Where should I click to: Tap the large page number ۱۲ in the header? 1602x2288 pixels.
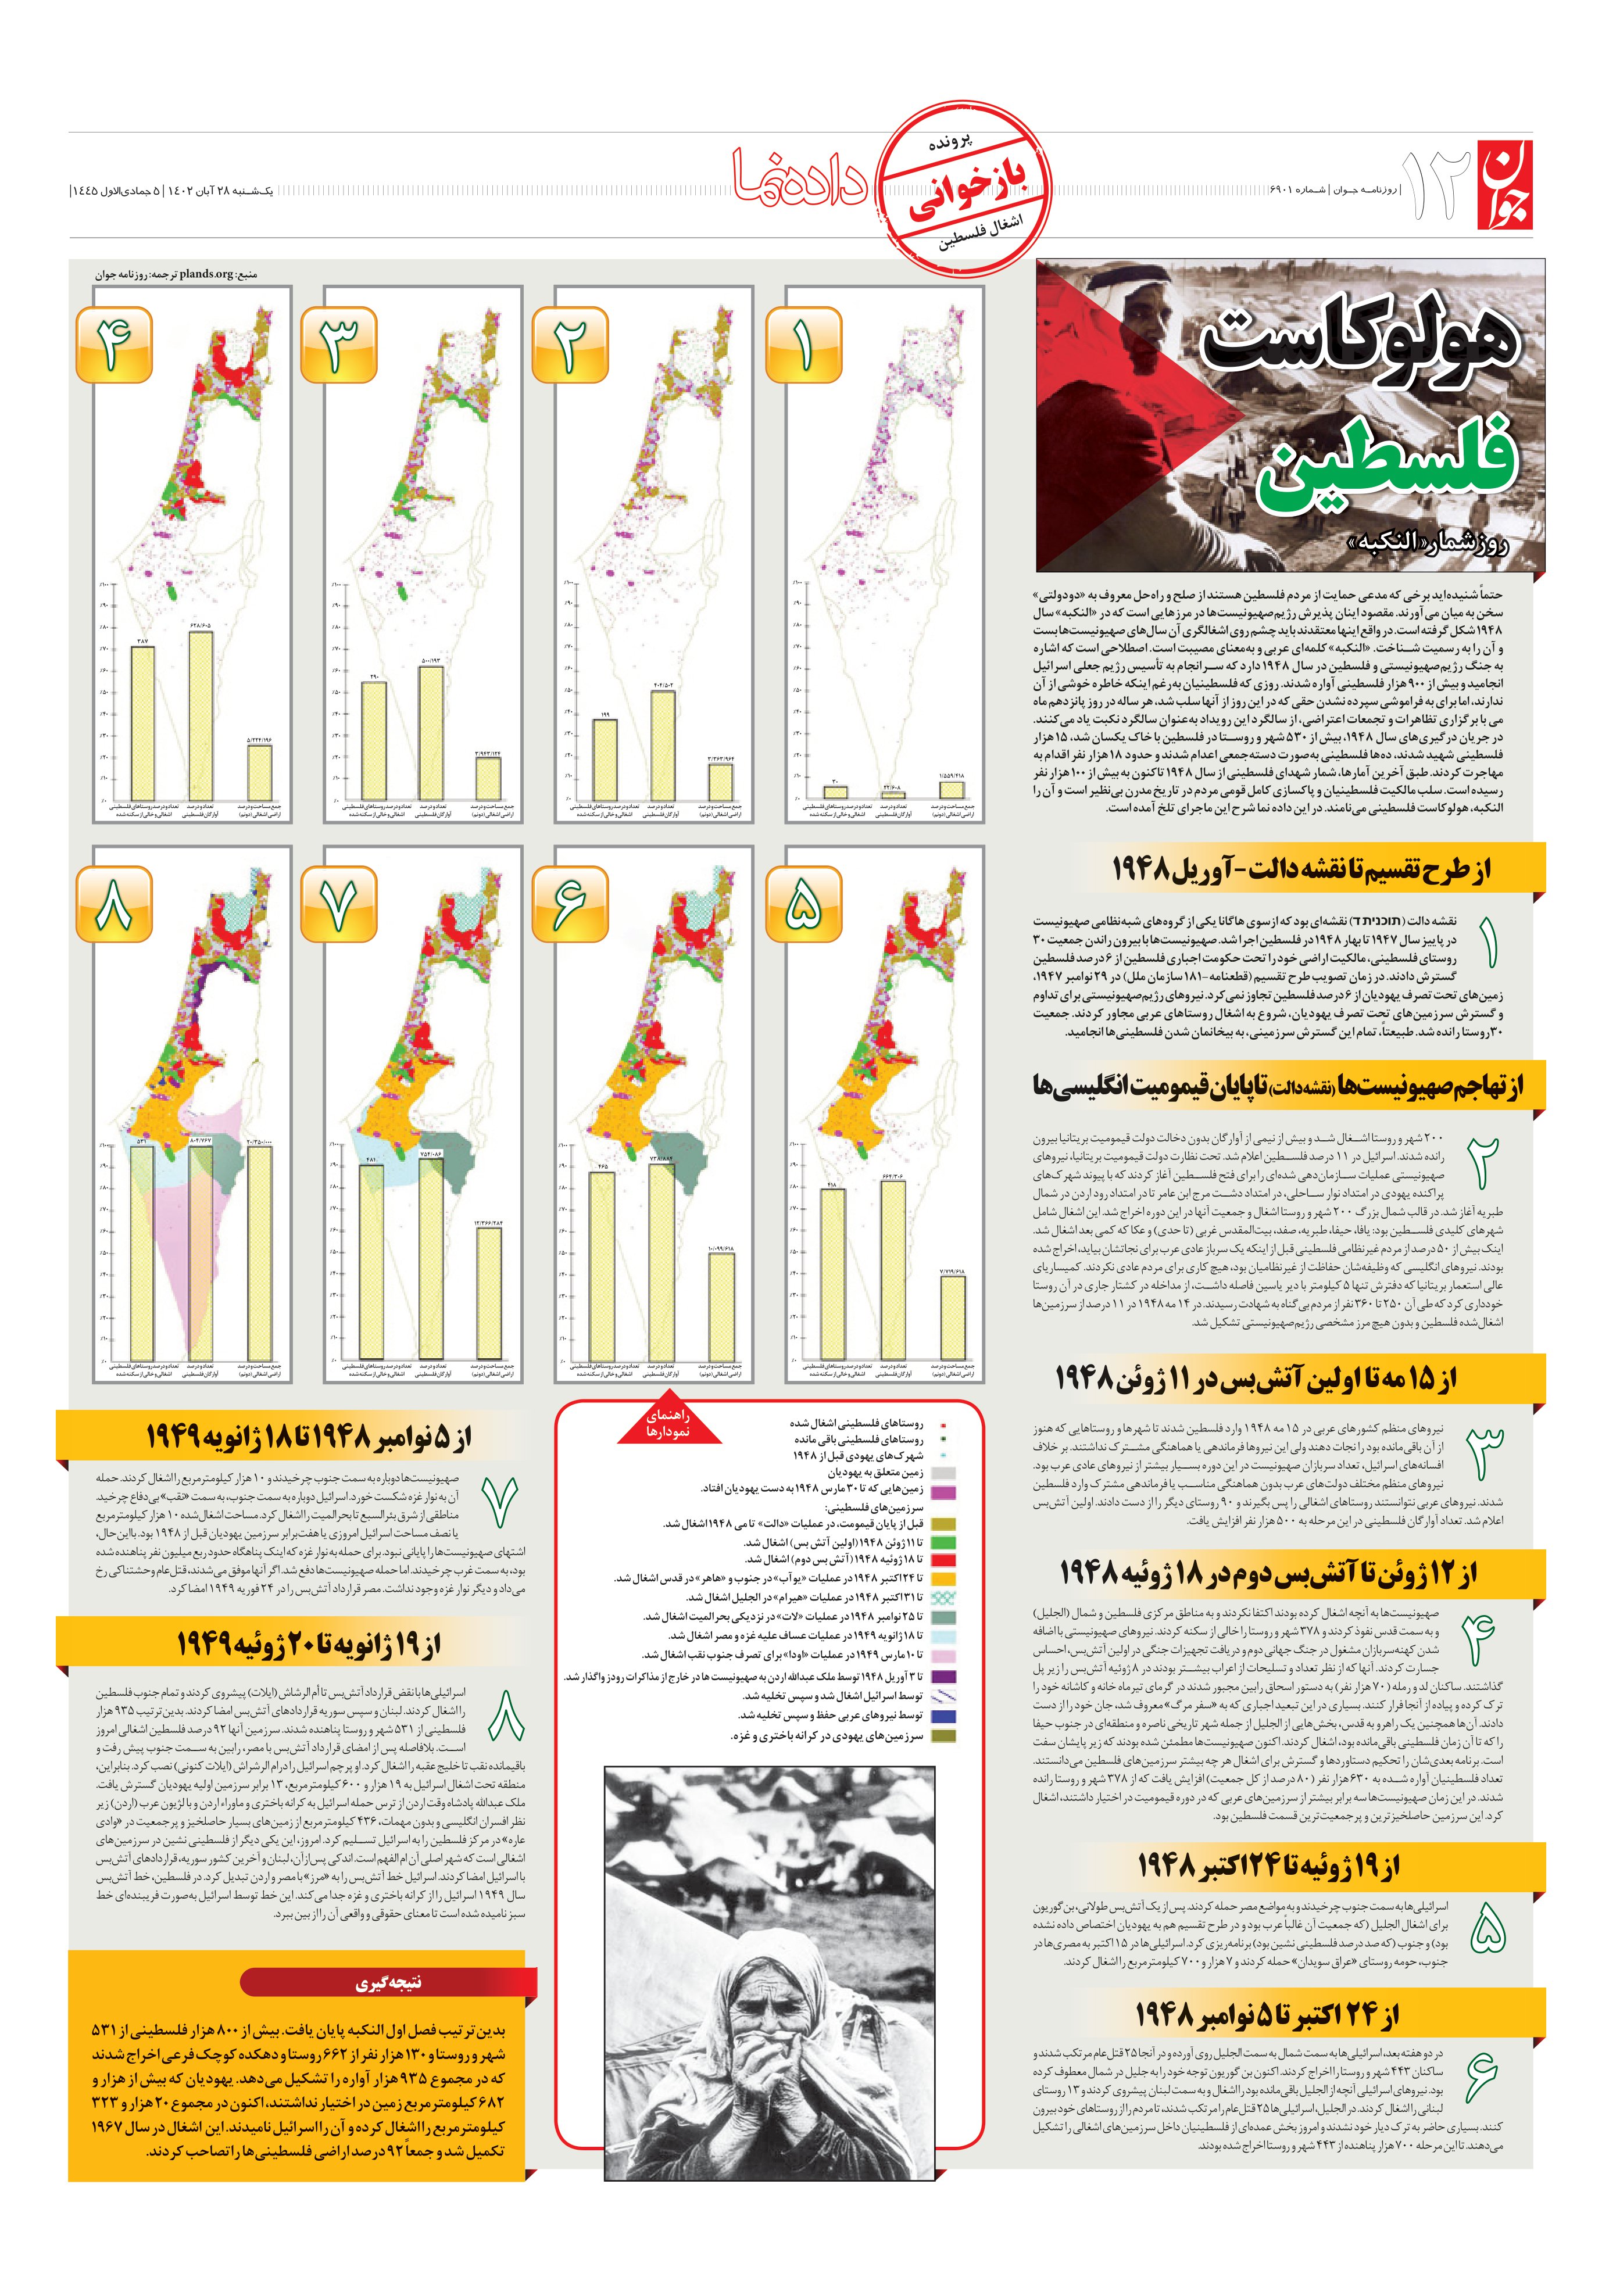(1436, 187)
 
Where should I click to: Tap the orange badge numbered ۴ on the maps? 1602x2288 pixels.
(114, 345)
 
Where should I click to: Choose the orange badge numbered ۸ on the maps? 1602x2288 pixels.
(114, 904)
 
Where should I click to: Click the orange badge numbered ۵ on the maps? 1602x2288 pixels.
(803, 904)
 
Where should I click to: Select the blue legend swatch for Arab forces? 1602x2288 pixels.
(942, 1716)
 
